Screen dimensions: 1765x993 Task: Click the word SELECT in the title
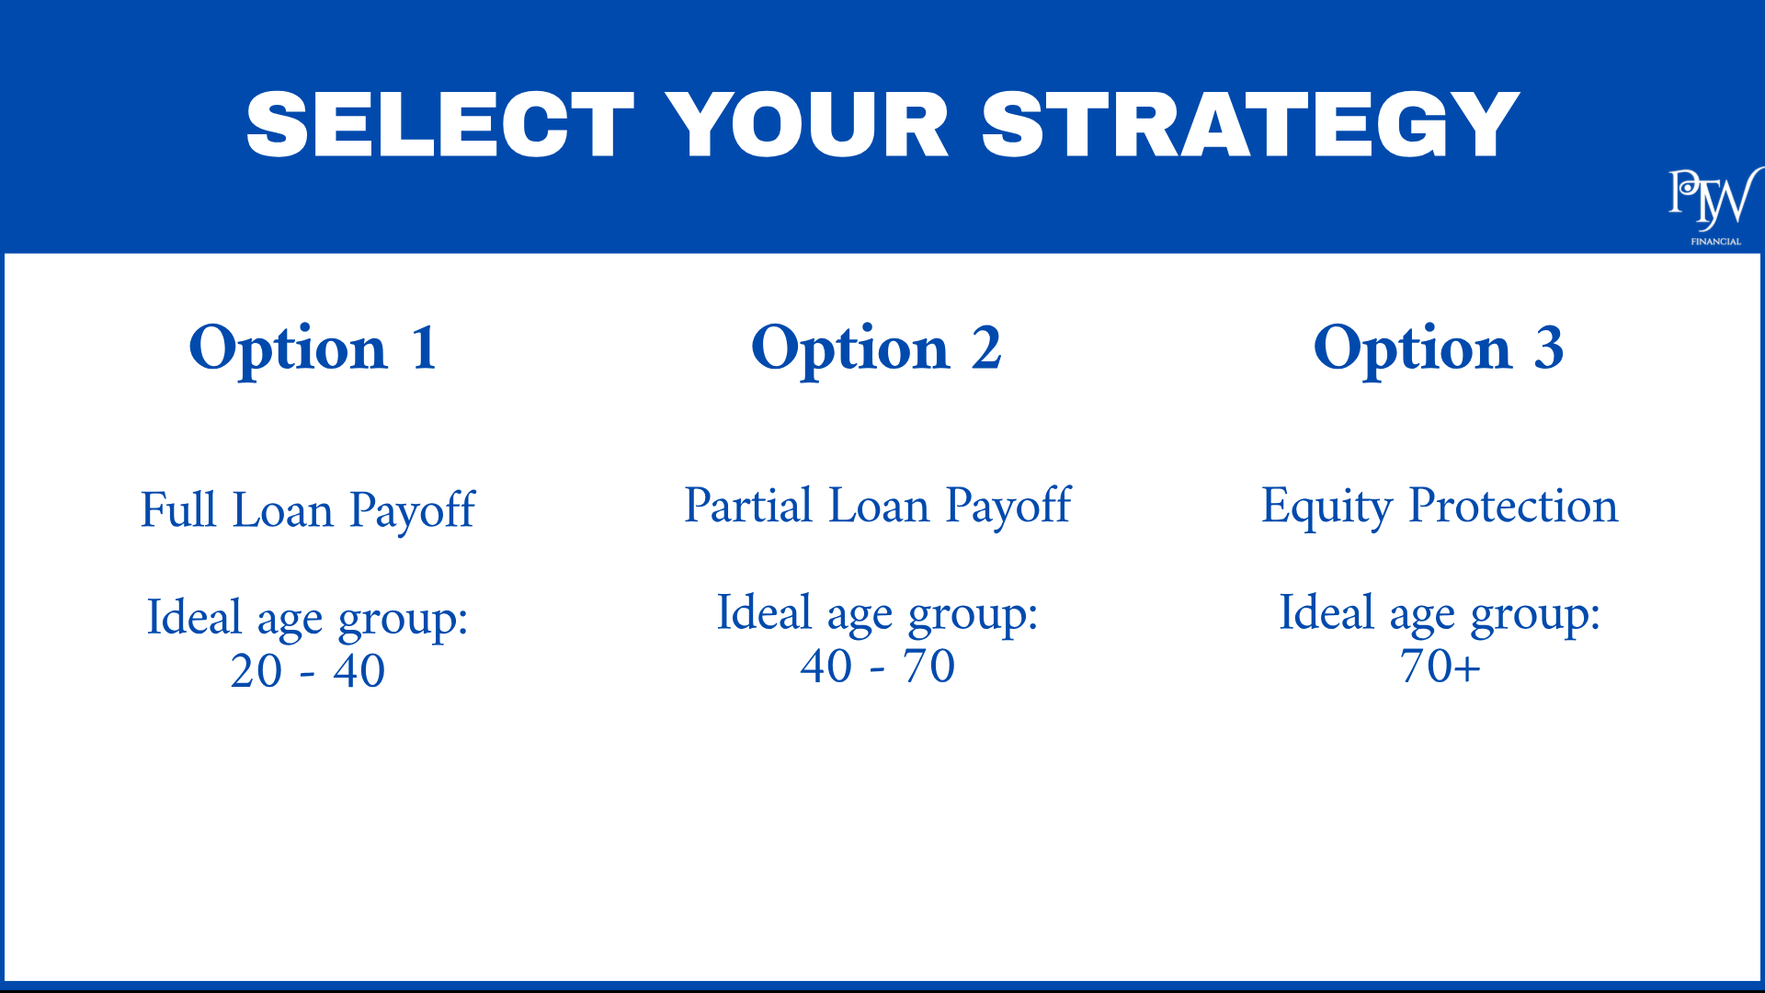coord(440,125)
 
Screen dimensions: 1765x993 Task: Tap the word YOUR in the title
coord(807,125)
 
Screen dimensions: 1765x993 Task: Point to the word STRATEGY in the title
coord(1250,125)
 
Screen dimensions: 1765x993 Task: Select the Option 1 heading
coord(313,349)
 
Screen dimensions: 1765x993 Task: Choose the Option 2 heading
coord(876,349)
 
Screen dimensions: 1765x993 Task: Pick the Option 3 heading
coord(1439,349)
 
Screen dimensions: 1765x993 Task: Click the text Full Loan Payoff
coord(308,510)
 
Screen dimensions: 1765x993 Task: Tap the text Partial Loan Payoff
coord(878,506)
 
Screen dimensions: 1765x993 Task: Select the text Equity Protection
coord(1440,506)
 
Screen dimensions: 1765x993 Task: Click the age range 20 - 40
coord(308,670)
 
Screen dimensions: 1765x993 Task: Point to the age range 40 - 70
coord(878,666)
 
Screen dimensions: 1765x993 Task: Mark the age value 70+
coord(1440,666)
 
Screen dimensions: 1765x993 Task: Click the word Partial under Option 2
coord(749,505)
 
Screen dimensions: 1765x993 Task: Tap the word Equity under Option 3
coord(1327,507)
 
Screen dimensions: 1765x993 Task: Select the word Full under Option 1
coord(178,509)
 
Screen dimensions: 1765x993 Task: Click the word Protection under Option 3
coord(1513,505)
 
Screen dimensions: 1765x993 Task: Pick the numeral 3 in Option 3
coord(1549,348)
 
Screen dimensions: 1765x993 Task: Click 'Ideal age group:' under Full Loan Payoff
coord(308,618)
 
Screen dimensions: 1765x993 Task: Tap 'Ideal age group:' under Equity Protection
coord(1440,613)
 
